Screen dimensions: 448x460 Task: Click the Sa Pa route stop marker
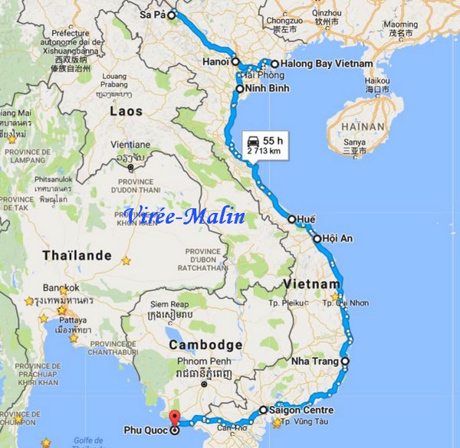(172, 14)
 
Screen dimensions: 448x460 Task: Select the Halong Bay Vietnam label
(327, 64)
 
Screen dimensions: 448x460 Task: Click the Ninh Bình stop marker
(239, 90)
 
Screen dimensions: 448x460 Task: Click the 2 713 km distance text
(263, 152)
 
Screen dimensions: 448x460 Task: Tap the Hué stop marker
(292, 219)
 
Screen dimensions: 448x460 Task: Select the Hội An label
(337, 239)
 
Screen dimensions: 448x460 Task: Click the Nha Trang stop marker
(345, 361)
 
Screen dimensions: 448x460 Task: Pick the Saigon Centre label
(301, 410)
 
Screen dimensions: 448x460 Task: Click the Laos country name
(126, 111)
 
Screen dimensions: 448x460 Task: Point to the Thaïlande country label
(77, 255)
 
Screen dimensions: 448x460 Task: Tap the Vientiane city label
(131, 144)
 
